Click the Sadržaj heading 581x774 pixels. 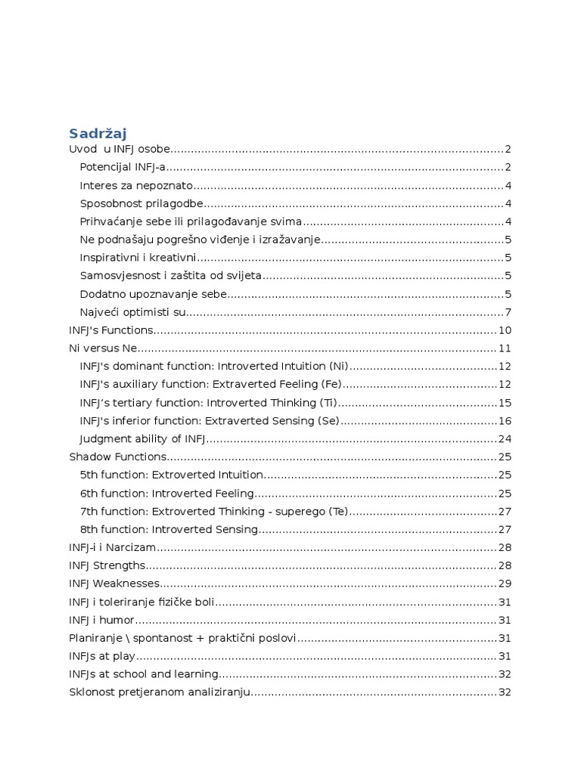[x=98, y=133]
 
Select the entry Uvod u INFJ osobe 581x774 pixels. [x=120, y=149]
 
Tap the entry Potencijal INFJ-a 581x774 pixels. [x=122, y=167]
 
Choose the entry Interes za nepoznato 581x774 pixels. [x=136, y=185]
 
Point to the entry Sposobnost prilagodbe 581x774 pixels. [x=141, y=203]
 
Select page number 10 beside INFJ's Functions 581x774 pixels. [x=505, y=330]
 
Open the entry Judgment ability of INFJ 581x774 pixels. [x=142, y=439]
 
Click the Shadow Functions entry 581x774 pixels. [x=117, y=457]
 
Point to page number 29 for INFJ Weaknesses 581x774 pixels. [x=505, y=584]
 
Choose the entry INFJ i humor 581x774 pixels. [x=101, y=620]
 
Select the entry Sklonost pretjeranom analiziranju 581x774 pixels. [x=159, y=692]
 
